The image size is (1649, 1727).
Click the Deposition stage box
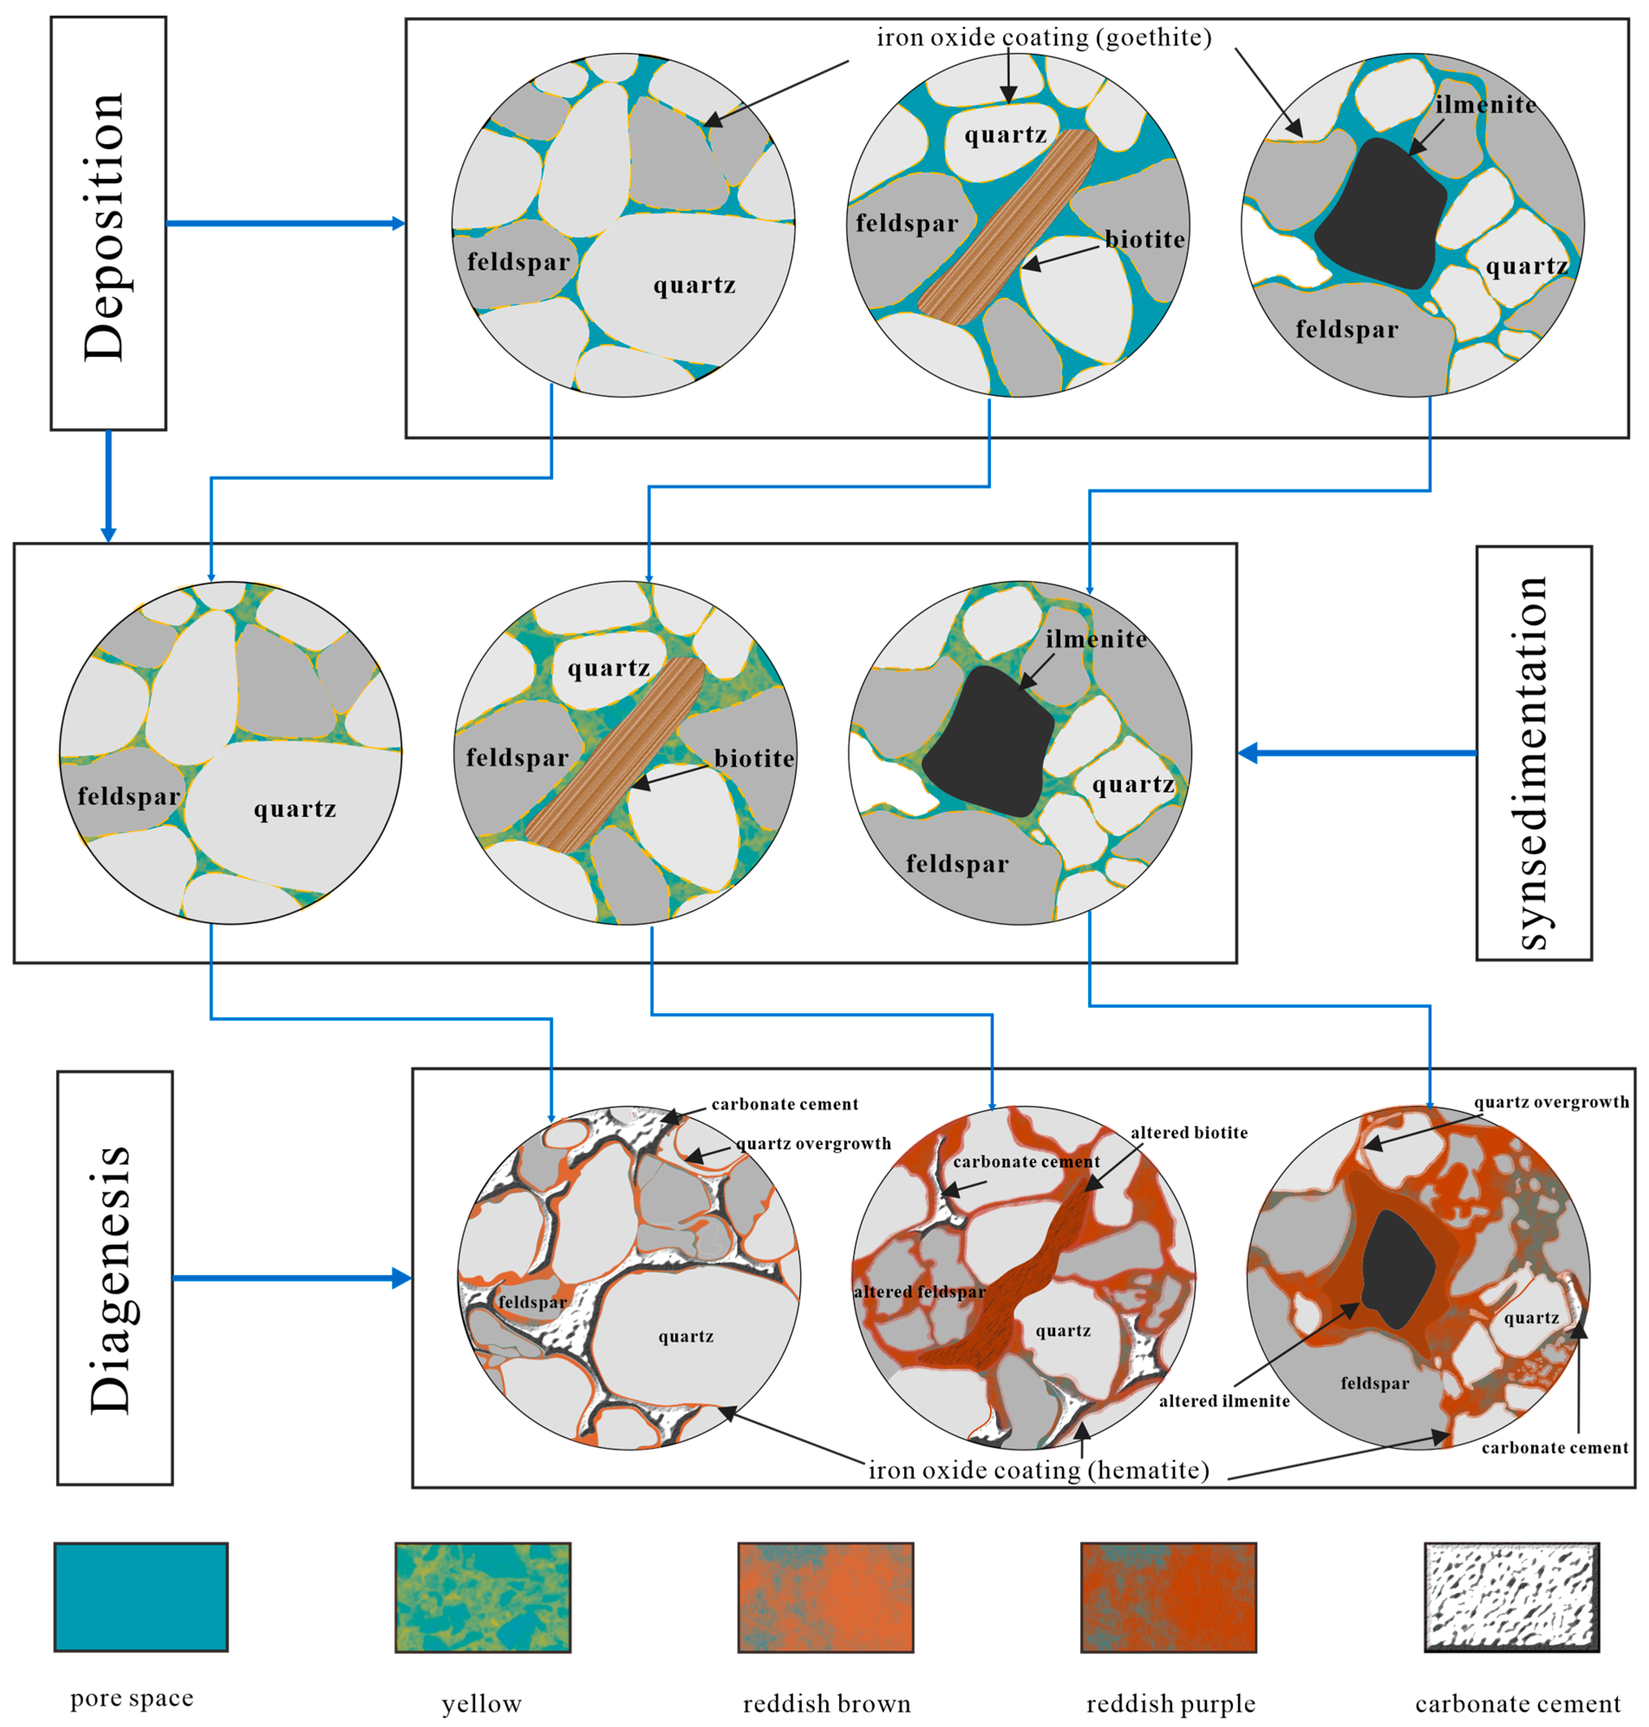pos(108,223)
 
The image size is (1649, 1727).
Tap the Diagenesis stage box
pos(115,1278)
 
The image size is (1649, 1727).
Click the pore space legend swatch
pos(140,1597)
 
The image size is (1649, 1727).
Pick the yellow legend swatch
pos(482,1597)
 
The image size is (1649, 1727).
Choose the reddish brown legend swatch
pos(825,1597)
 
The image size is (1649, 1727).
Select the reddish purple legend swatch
pos(1168,1597)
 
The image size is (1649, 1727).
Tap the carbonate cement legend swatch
pos(1511,1597)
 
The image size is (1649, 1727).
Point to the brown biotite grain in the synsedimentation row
pos(615,756)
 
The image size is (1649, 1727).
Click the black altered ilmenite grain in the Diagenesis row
pos(1398,1270)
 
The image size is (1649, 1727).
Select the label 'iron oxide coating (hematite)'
pos(1038,1470)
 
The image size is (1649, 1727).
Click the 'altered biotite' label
pos(1188,1133)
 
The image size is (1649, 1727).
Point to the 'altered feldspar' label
pos(919,1292)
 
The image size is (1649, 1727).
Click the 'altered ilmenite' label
pos(1224,1401)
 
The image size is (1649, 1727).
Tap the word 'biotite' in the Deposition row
pos(1144,239)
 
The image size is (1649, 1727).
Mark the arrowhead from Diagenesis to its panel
pos(402,1278)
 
